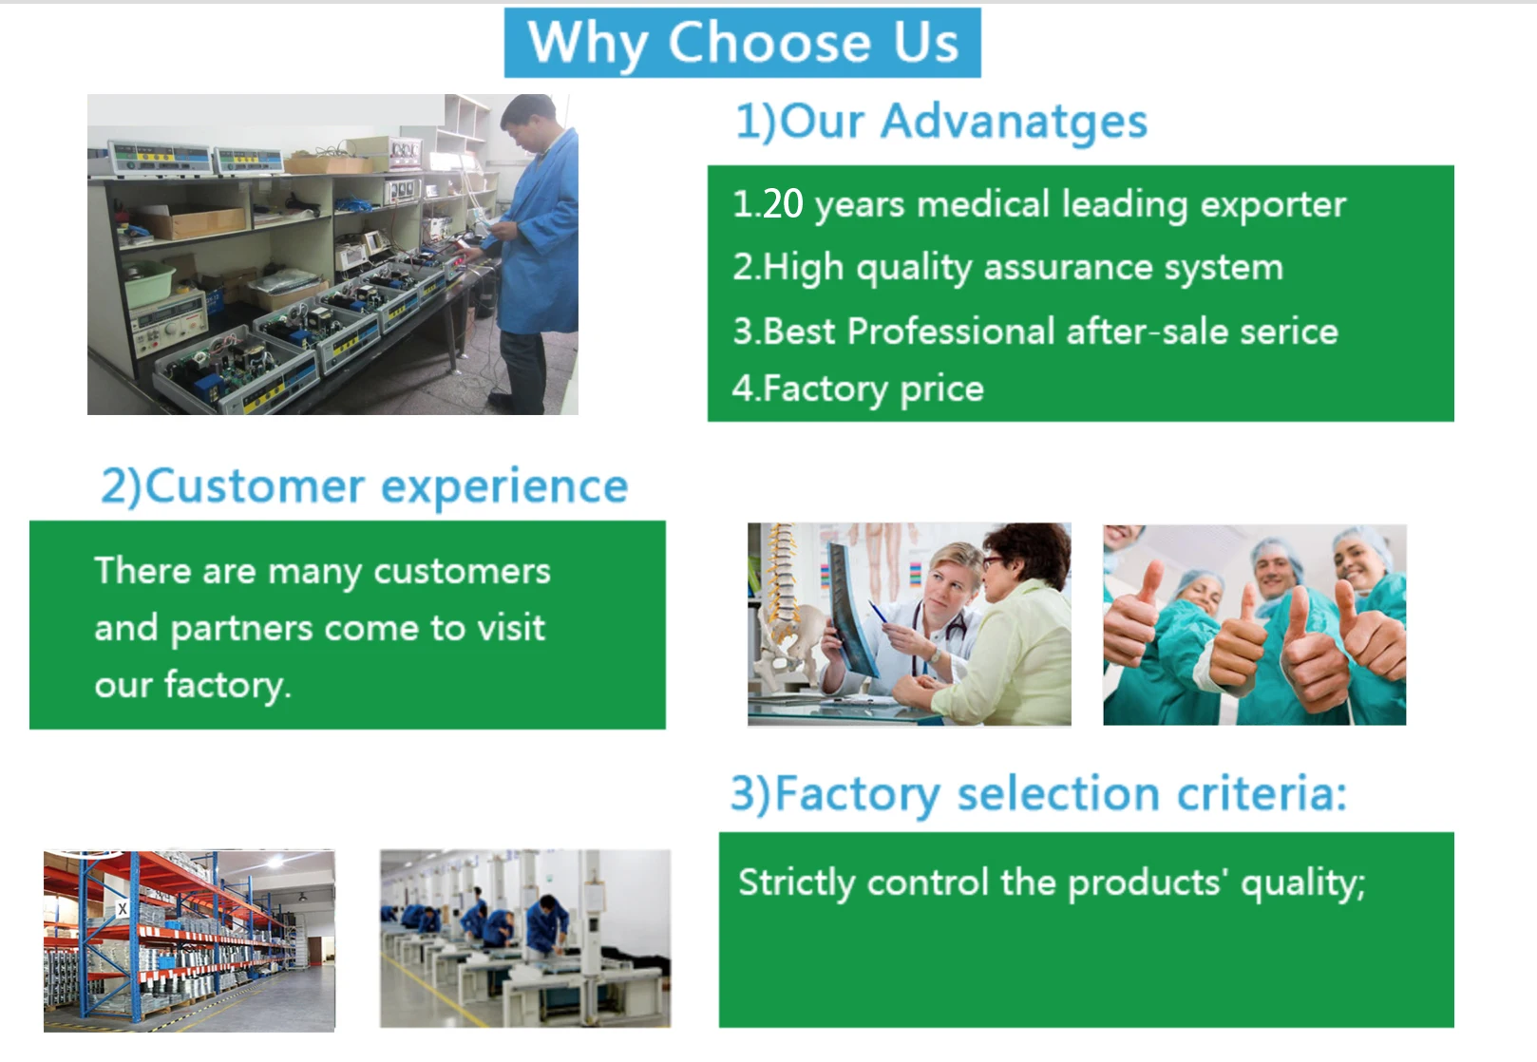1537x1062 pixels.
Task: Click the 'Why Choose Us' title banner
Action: coord(743,43)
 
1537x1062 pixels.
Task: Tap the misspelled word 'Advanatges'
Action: coord(1014,122)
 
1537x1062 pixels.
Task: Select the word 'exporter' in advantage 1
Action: coord(1274,204)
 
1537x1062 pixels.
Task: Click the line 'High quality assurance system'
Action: coord(1022,268)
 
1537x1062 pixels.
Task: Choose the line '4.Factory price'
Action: coord(858,389)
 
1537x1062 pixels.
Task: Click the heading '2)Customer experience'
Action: coord(365,487)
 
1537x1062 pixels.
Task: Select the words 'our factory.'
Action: coord(193,685)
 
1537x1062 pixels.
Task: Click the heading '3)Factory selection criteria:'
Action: coord(1039,794)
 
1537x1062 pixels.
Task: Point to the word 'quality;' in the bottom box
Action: coord(1303,882)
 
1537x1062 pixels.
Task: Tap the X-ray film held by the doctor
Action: coord(852,607)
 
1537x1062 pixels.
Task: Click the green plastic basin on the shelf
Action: coord(149,283)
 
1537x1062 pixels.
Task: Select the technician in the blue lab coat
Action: coord(530,254)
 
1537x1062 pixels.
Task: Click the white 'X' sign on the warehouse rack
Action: coord(123,909)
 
